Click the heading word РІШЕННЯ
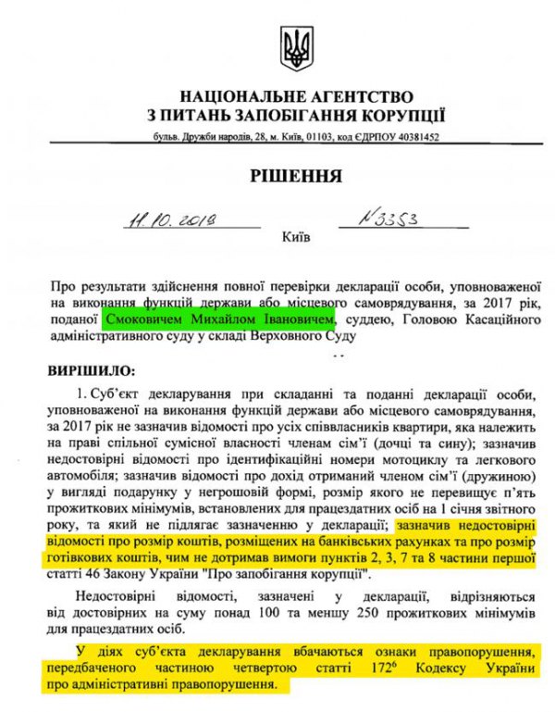coord(296,175)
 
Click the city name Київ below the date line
coord(295,237)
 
